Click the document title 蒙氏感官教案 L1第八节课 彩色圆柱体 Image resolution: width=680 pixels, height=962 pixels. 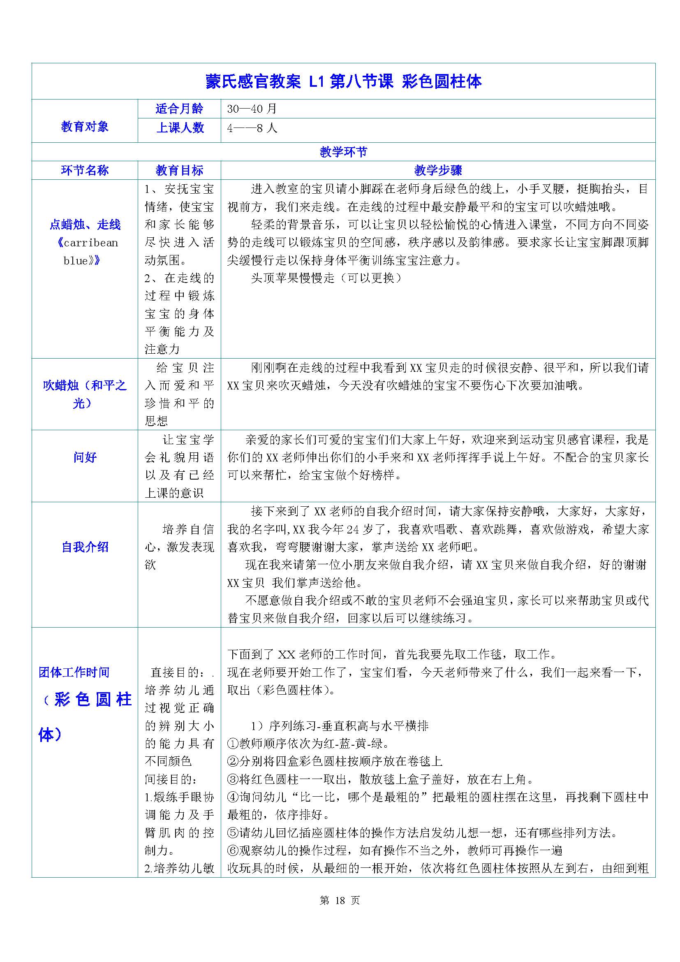click(343, 82)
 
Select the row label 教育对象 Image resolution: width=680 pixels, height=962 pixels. click(85, 126)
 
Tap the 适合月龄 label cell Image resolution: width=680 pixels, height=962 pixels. click(179, 109)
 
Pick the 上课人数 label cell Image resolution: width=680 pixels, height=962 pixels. click(179, 128)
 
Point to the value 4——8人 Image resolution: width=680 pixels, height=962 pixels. click(252, 128)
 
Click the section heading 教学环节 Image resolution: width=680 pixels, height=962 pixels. click(343, 152)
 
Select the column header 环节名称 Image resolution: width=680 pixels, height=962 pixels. click(85, 170)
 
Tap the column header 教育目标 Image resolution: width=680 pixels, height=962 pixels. click(179, 170)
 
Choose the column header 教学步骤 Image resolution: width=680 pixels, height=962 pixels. click(438, 170)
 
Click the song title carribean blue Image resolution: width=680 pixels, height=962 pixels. click(85, 251)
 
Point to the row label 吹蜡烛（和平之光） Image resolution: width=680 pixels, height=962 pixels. click(85, 394)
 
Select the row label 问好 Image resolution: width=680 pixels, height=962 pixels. click(85, 457)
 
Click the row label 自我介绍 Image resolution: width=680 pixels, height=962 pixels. click(85, 547)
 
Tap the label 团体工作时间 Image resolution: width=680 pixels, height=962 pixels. click(74, 672)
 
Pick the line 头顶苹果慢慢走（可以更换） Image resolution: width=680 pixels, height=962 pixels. click(326, 278)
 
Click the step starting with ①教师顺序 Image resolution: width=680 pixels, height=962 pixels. click(308, 744)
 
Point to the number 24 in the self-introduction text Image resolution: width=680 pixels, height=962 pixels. click(353, 529)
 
